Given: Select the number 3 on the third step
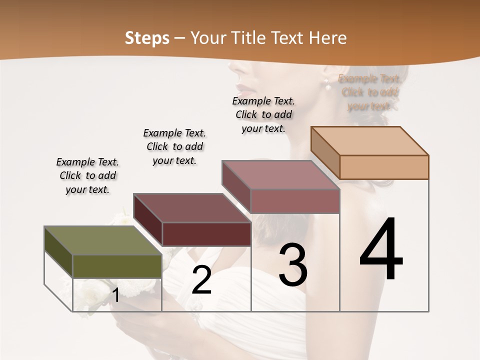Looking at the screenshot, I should tap(292, 265).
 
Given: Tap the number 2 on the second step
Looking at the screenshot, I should tap(201, 280).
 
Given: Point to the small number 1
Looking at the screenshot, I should tap(115, 295).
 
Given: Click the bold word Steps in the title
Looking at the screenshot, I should tap(147, 38).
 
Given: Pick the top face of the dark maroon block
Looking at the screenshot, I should tap(192, 207).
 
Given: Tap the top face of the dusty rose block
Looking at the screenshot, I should tap(280, 175).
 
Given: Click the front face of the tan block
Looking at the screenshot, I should tap(384, 167).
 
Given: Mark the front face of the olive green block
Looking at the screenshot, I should tap(117, 266).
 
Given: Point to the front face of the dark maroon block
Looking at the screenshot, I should tap(206, 234).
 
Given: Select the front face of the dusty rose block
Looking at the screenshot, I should tap(295, 201).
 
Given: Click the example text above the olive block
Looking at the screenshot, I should tap(87, 175).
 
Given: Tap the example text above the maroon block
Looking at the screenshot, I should tap(174, 146).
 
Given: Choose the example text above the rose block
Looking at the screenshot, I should tap(263, 114).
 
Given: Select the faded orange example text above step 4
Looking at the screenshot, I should tap(369, 92).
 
